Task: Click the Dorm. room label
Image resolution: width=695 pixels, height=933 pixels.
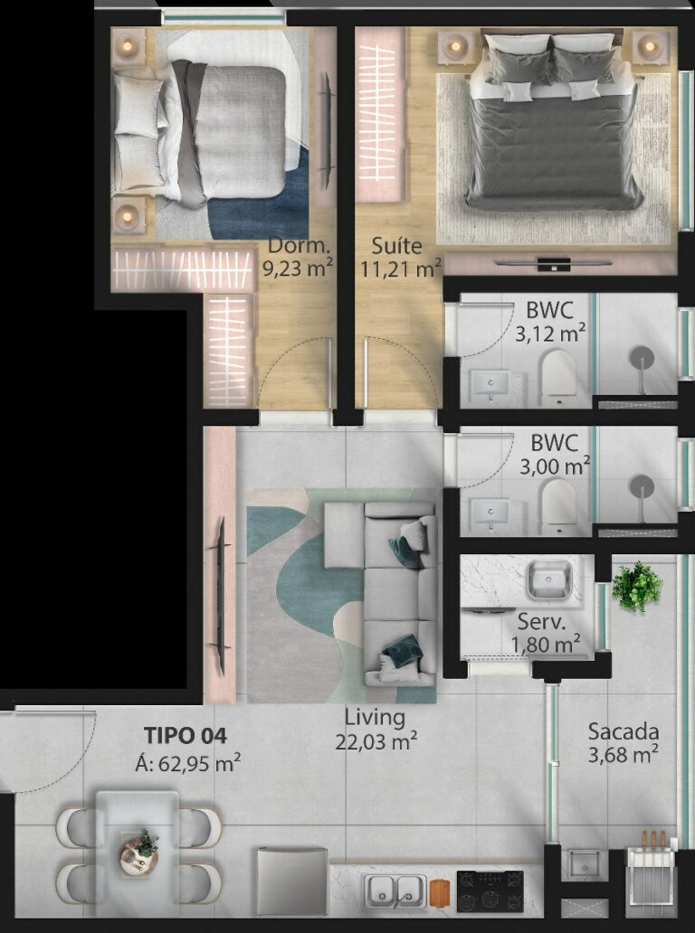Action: [x=299, y=246]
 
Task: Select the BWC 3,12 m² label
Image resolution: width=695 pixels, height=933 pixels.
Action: [x=549, y=324]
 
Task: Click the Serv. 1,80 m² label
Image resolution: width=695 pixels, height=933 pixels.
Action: [x=542, y=633]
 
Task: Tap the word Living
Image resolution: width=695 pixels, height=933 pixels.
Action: [x=374, y=718]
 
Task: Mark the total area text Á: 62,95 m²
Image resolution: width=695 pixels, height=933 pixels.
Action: [x=186, y=763]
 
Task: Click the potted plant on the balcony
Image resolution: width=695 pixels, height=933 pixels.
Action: [x=637, y=586]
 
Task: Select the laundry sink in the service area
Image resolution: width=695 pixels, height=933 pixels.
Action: [x=548, y=580]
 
